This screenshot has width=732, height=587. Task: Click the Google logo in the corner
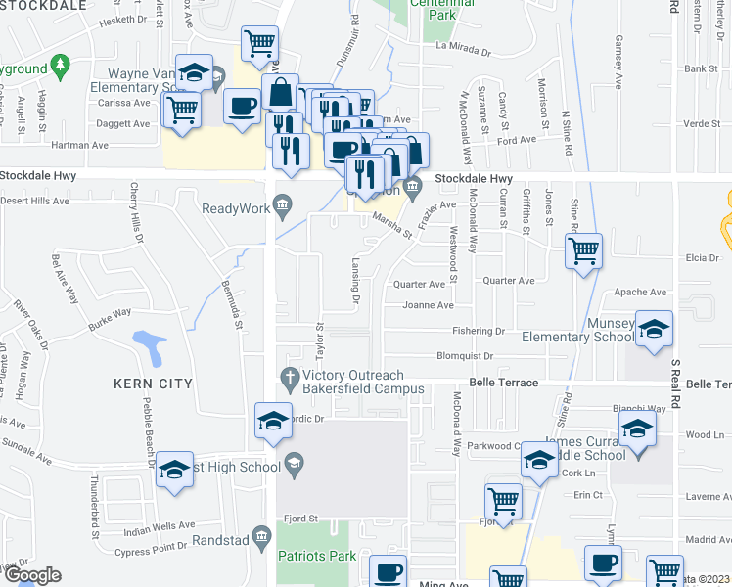pyautogui.click(x=31, y=575)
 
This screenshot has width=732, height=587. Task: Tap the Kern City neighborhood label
pyautogui.click(x=152, y=384)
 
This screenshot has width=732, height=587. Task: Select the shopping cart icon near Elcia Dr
pyautogui.click(x=583, y=251)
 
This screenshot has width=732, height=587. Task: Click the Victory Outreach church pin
pyautogui.click(x=290, y=377)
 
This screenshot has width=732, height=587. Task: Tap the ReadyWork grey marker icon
pyautogui.click(x=283, y=203)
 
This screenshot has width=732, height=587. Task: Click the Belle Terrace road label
pyautogui.click(x=504, y=383)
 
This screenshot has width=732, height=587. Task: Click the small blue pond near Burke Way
pyautogui.click(x=149, y=343)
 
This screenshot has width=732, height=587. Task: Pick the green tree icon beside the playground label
pyautogui.click(x=61, y=66)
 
